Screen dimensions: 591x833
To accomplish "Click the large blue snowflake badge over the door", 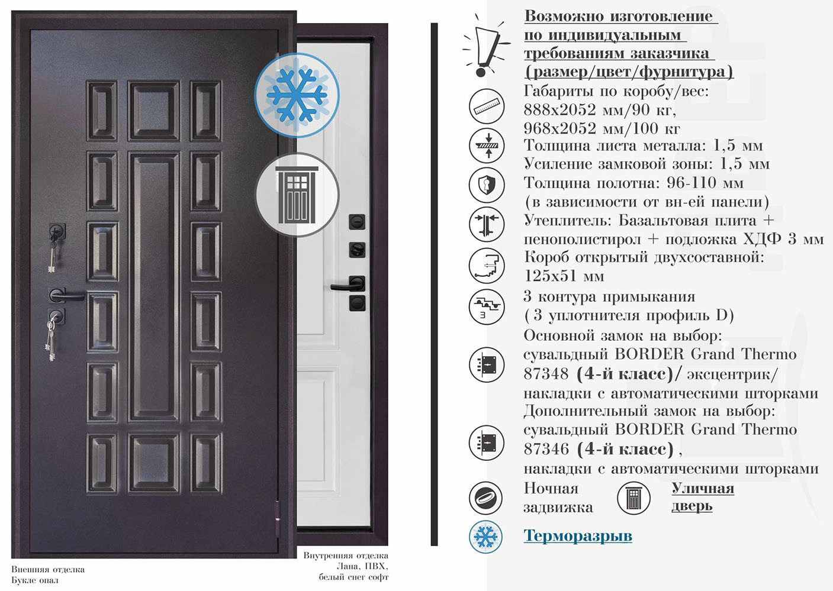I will [297, 95].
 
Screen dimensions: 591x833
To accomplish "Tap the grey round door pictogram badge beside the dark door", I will [297, 195].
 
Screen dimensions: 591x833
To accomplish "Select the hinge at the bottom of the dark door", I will [278, 514].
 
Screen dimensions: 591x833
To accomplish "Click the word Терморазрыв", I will [577, 536].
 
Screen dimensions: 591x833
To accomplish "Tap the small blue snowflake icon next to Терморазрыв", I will [485, 537].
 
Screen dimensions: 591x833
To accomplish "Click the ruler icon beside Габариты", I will [487, 107].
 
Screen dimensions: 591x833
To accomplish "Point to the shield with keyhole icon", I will [487, 185].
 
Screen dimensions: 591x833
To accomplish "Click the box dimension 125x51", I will [564, 276].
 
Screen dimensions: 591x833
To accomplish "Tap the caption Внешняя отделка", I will [48, 570].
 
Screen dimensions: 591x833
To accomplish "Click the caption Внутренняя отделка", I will [346, 556].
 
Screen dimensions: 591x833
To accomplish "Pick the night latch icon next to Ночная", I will [486, 498].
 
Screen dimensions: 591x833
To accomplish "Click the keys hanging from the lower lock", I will [51, 340].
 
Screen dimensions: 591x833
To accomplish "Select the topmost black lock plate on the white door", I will [357, 222].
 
